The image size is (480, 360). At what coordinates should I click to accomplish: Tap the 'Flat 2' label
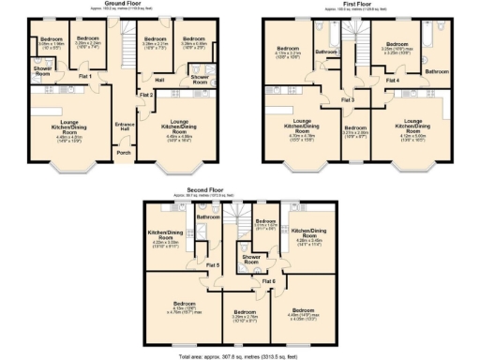tap(145, 95)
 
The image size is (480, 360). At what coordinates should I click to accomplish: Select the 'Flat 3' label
tap(348, 99)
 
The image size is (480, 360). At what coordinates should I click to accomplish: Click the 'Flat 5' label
tap(213, 266)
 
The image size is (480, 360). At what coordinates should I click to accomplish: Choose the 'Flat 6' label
tap(268, 280)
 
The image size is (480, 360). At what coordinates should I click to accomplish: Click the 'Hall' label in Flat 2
tap(159, 80)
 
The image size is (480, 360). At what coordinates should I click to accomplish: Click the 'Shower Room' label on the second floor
tap(250, 259)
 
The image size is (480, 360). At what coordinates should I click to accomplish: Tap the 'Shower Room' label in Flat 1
tap(42, 71)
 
